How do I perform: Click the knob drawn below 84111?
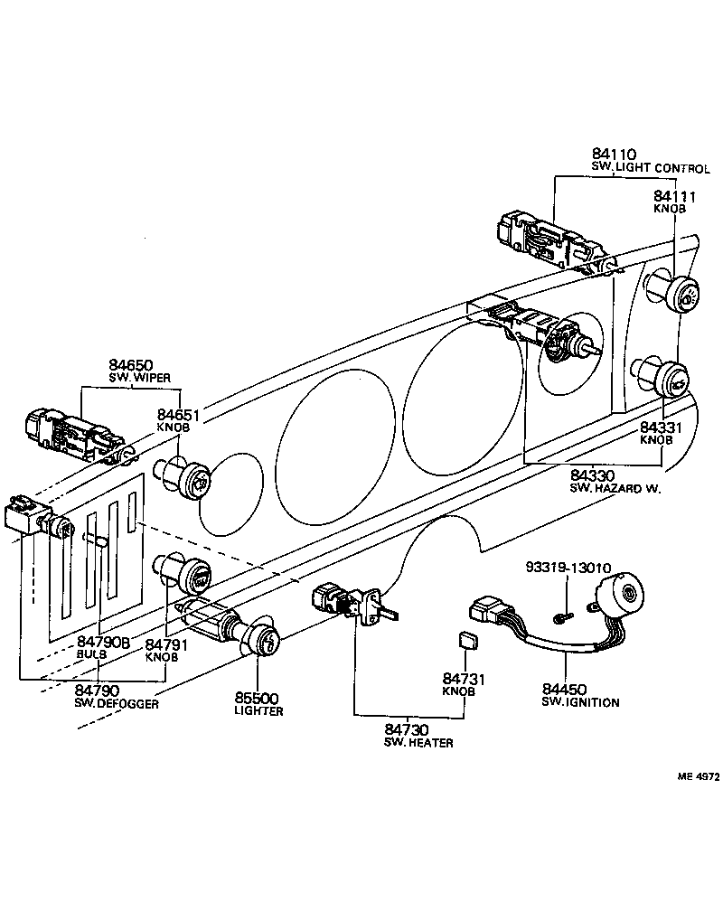pyautogui.click(x=681, y=293)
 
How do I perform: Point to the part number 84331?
pyautogui.click(x=662, y=427)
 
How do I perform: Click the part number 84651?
pyautogui.click(x=179, y=414)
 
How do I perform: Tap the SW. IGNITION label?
pyautogui.click(x=580, y=702)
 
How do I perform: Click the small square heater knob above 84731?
pyautogui.click(x=467, y=641)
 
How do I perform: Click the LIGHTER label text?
pyautogui.click(x=258, y=711)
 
